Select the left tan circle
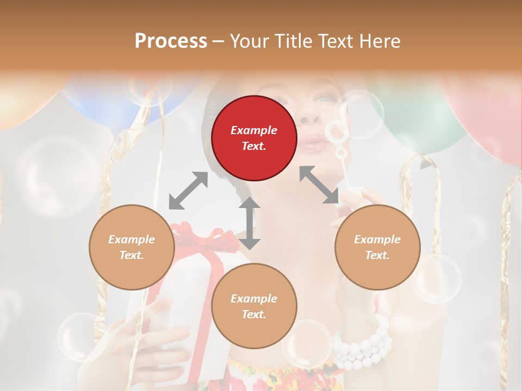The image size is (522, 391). click(132, 247)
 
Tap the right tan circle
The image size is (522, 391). click(377, 247)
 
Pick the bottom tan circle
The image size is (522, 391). click(254, 306)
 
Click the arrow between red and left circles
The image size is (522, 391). click(188, 191)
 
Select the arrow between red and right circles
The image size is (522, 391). click(319, 185)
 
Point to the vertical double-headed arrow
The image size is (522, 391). click(250, 223)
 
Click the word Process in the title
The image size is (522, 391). click(171, 41)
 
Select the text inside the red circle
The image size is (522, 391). click(254, 138)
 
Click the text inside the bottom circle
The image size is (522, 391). click(254, 306)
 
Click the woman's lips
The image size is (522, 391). click(312, 144)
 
